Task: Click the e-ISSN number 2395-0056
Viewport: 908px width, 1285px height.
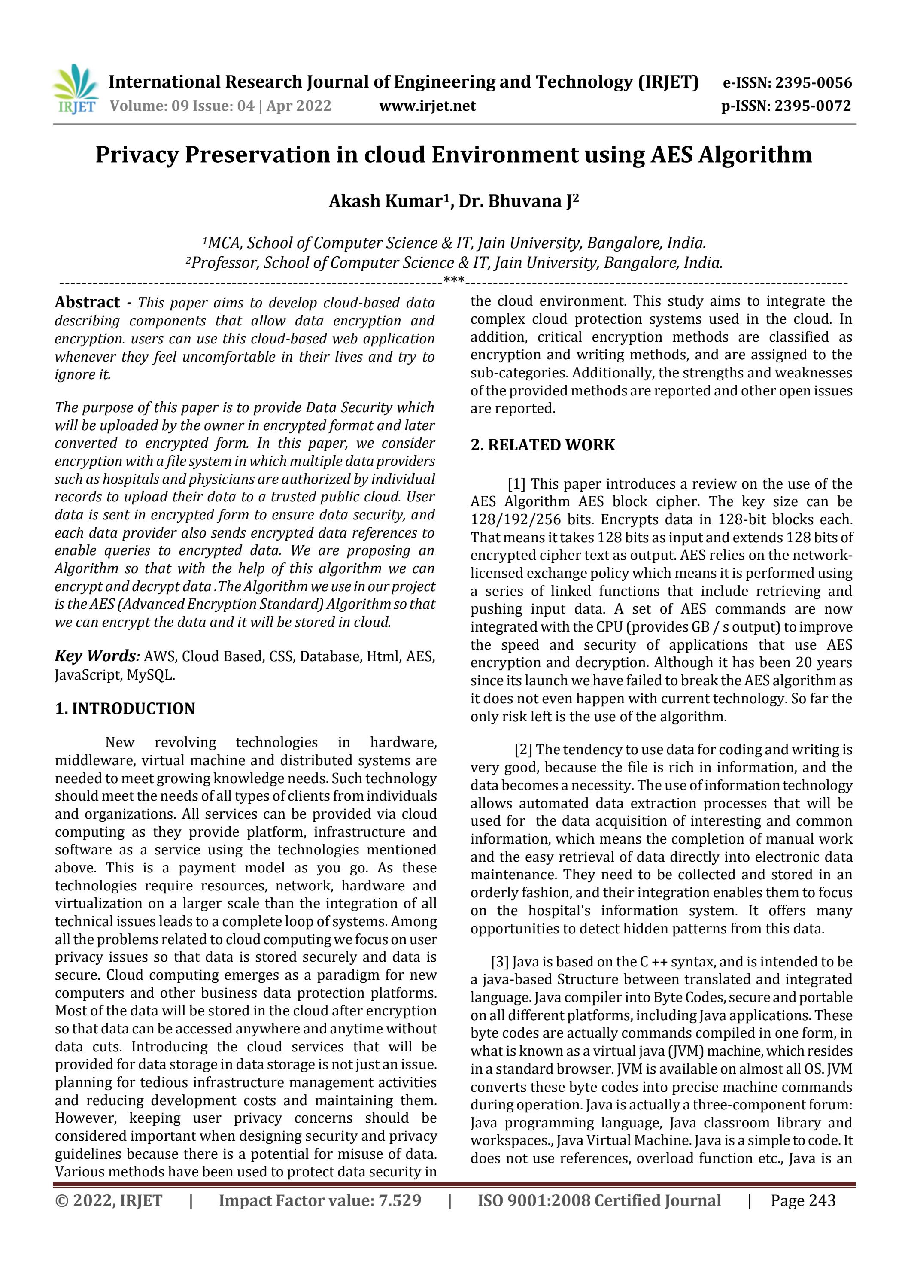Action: [x=812, y=83]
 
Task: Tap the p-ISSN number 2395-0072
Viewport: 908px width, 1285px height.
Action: [x=812, y=106]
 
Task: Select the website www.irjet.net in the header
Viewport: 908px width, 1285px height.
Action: [x=427, y=106]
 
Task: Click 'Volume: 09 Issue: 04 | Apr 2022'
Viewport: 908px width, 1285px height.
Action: [x=220, y=106]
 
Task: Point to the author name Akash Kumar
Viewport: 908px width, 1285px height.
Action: [x=386, y=201]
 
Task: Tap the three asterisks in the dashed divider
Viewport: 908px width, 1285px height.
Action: [x=453, y=279]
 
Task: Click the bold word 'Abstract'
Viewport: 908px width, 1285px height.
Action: [x=87, y=302]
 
